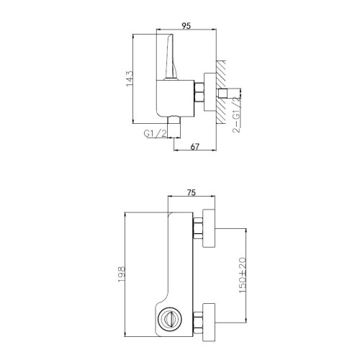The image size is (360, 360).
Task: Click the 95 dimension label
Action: (186, 25)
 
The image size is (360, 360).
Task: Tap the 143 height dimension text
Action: (129, 78)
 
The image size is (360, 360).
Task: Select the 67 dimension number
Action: (194, 146)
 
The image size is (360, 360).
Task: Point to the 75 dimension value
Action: (191, 192)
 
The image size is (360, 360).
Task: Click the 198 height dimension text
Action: (122, 274)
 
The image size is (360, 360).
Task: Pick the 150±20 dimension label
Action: (243, 275)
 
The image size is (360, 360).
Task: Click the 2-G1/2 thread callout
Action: (237, 114)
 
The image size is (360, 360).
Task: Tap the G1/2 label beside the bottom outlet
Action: (155, 133)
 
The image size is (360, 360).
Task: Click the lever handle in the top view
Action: (171, 57)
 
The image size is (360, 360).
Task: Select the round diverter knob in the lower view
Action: (170, 318)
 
